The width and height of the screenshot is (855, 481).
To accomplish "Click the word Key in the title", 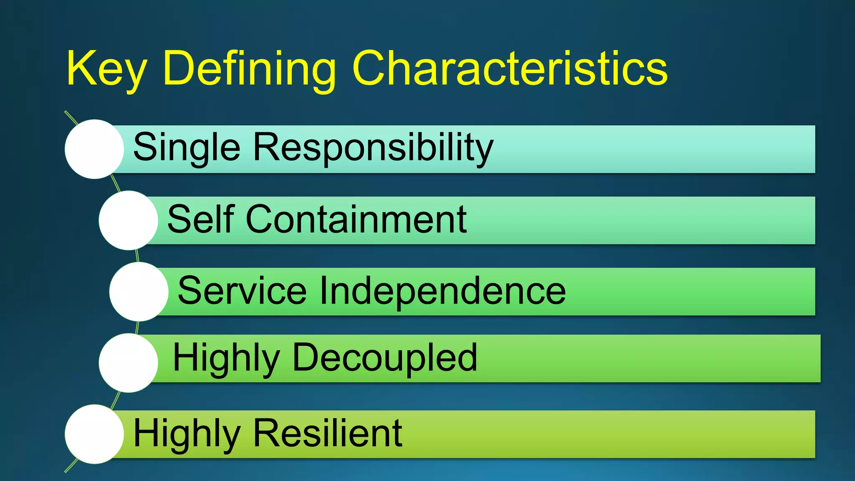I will pos(106,69).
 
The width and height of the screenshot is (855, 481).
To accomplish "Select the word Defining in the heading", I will pos(249,69).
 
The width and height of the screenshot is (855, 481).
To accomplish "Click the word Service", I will pos(242,291).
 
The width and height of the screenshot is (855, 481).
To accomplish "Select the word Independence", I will pos(443,291).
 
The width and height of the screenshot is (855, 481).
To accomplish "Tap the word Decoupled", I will pos(384,357).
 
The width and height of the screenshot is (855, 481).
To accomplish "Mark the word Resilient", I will pos(328,433).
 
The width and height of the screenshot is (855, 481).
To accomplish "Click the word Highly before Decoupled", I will pos(226,358).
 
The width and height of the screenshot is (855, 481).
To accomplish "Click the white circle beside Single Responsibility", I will pos(94,149).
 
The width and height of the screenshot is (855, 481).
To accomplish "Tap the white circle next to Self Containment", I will pos(129,220).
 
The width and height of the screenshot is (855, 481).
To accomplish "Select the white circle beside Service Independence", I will pos(139,291).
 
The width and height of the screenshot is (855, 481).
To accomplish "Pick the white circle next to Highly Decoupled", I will pos(129,363).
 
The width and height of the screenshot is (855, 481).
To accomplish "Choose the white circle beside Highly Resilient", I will pos(94,434).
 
